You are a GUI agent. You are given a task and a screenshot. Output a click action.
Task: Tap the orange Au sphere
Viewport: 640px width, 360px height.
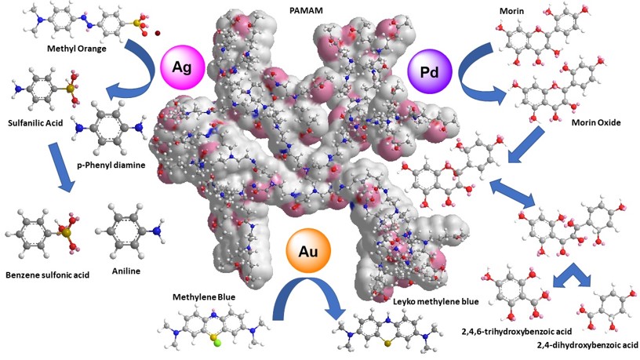(307, 251)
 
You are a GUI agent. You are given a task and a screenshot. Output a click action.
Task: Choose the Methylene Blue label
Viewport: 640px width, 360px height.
(205, 297)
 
